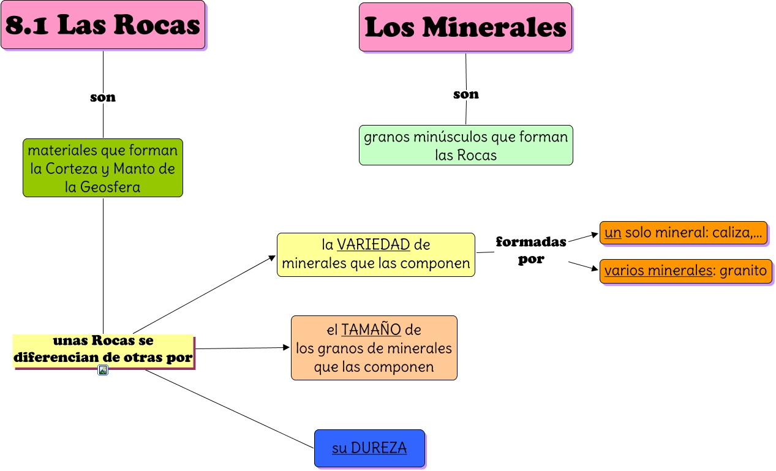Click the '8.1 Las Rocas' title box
click(103, 25)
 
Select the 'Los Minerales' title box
click(465, 27)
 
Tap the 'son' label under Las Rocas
click(103, 97)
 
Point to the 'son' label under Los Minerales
click(466, 94)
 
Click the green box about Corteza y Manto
click(103, 168)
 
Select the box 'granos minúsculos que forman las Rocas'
click(465, 146)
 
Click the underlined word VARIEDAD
click(373, 245)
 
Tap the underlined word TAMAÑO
click(371, 330)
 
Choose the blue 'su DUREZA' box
click(369, 448)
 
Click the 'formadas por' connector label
click(530, 250)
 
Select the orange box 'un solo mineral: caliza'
click(683, 233)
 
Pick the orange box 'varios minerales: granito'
click(685, 271)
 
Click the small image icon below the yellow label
click(103, 370)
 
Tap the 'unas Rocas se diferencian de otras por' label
click(103, 349)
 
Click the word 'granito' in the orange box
click(743, 271)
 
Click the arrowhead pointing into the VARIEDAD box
click(273, 258)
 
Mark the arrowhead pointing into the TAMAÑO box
click(286, 347)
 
